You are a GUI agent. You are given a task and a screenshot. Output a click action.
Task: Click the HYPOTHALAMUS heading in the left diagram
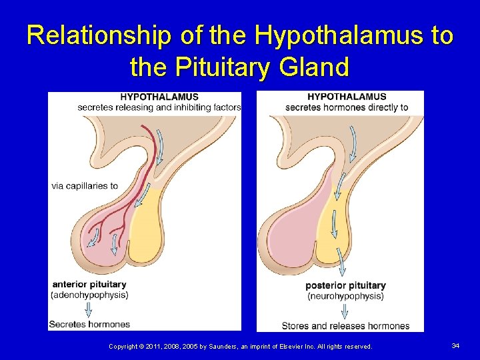[x=159, y=97]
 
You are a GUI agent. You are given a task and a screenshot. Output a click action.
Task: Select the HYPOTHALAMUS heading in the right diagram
[x=347, y=97]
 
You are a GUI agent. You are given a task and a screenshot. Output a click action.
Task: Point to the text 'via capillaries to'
[x=85, y=186]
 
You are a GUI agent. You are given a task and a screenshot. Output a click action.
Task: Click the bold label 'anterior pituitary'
[x=89, y=285]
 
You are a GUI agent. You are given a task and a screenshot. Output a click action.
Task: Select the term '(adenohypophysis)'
[x=89, y=295]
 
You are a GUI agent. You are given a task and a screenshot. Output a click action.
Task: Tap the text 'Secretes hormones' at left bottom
[x=89, y=325]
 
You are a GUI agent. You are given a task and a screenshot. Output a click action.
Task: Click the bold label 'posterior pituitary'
[x=345, y=286]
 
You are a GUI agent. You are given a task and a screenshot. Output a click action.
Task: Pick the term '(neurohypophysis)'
[x=345, y=296]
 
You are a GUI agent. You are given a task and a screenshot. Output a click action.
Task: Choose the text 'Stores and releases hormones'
[x=345, y=326]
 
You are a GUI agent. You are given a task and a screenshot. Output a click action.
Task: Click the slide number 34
[x=455, y=345]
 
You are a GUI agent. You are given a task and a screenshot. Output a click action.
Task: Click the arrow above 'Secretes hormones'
[x=89, y=309]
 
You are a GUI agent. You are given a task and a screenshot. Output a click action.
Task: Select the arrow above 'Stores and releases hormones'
[x=345, y=311]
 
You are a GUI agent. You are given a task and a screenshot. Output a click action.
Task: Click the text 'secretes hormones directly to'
[x=347, y=107]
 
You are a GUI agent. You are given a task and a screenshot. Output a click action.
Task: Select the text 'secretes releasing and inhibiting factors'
[x=159, y=107]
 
